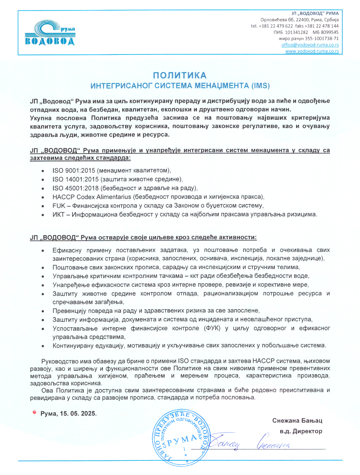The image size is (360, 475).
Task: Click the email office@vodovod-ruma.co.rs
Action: point(310,45)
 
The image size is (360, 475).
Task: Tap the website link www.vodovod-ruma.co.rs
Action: point(312,51)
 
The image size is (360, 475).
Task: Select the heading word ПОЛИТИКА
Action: point(180,75)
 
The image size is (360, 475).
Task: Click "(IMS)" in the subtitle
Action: point(261,86)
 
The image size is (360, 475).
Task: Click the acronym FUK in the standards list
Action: point(59,206)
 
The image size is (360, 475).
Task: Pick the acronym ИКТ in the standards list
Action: point(58,215)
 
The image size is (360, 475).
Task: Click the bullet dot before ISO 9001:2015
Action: point(43,171)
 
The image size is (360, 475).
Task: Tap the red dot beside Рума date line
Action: point(34,412)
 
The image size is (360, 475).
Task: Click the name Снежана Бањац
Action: point(297,420)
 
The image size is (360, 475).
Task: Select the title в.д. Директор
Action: point(301,431)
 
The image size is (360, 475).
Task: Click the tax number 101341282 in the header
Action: point(296,32)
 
